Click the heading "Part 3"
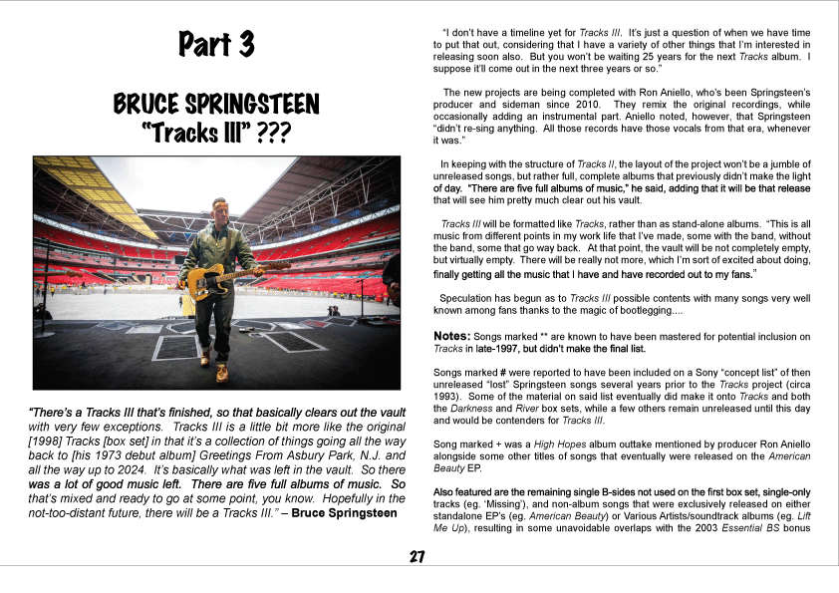[216, 45]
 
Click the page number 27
[419, 557]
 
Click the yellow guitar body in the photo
[201, 283]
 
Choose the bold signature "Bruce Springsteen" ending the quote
[346, 512]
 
